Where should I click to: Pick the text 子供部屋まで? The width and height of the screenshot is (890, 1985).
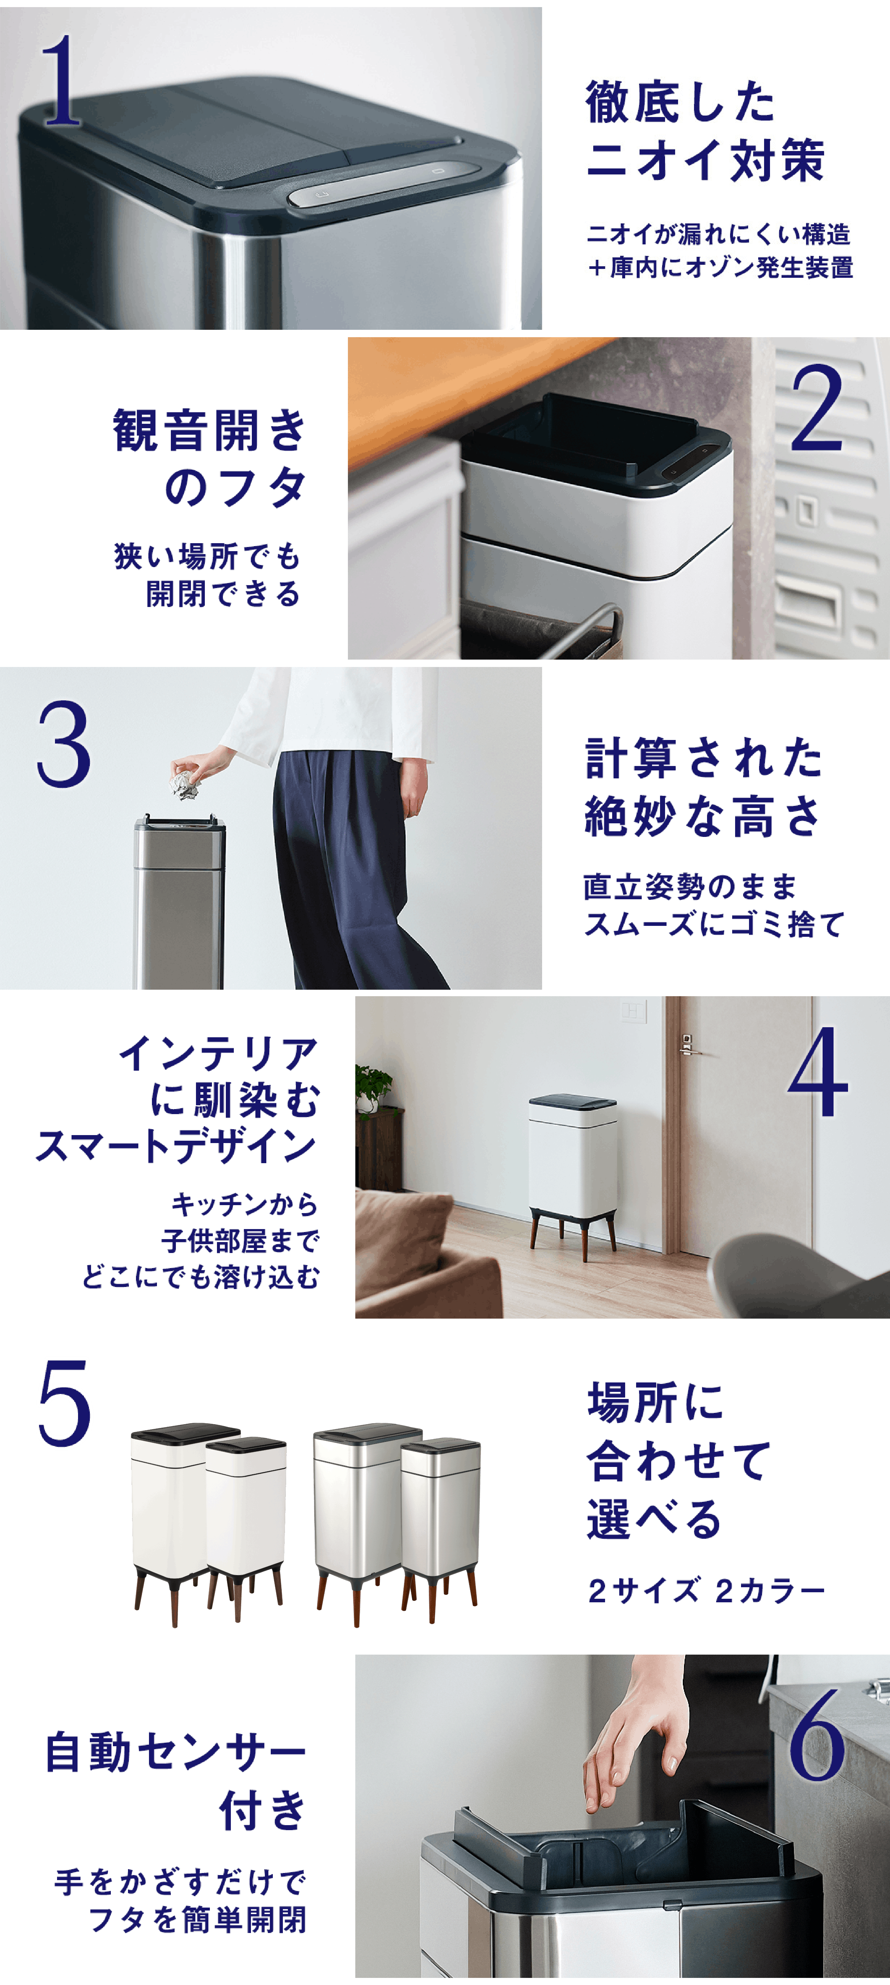[240, 1241]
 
